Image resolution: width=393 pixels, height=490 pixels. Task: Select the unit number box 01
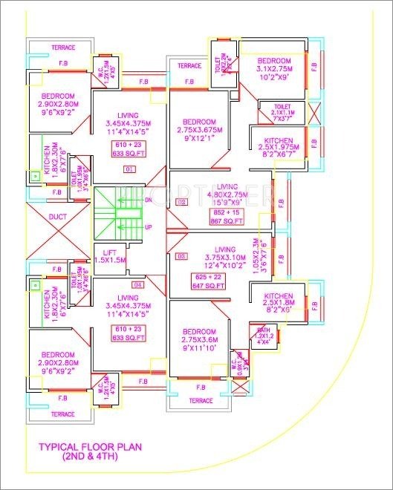(x=130, y=170)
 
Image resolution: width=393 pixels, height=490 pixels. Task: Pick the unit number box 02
(x=181, y=202)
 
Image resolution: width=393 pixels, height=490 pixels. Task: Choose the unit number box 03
(x=181, y=256)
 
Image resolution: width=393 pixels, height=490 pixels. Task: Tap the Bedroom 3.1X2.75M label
(x=276, y=69)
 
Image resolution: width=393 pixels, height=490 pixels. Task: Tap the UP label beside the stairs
(x=148, y=227)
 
